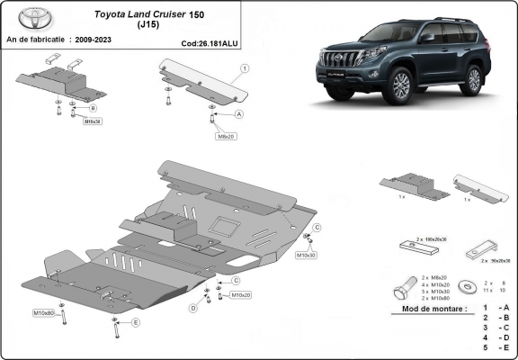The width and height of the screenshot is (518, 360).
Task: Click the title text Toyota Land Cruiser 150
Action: [x=144, y=15]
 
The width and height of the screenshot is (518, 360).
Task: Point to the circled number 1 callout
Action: [x=245, y=68]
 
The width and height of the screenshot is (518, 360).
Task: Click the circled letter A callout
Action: [x=239, y=115]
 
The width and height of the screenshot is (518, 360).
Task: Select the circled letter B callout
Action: [x=93, y=108]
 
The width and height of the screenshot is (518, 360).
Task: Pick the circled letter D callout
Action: [x=192, y=308]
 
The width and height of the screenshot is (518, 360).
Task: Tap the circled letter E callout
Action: [x=136, y=322]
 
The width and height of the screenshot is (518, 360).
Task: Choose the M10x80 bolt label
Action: [x=43, y=312]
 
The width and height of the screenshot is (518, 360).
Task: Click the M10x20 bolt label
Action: [x=240, y=294]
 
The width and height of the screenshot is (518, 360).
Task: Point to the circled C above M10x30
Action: [x=317, y=228]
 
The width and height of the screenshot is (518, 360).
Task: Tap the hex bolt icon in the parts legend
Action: [x=401, y=291]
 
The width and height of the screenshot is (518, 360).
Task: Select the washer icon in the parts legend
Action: [x=465, y=287]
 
